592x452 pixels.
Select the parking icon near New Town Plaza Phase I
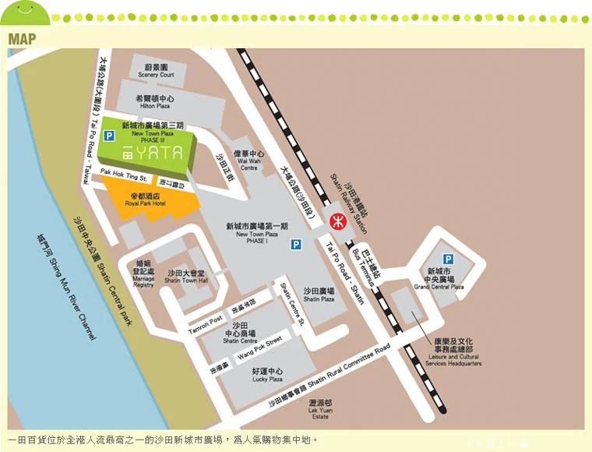pos(295,245)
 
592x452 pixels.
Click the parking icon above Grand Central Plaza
pos(448,259)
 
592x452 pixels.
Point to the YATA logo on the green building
pos(153,153)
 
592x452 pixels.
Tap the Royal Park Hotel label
pos(146,200)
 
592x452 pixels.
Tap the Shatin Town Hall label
pos(186,277)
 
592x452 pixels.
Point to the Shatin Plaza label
pos(319,294)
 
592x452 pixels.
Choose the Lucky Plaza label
pos(267,375)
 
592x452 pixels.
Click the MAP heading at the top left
pos(22,39)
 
